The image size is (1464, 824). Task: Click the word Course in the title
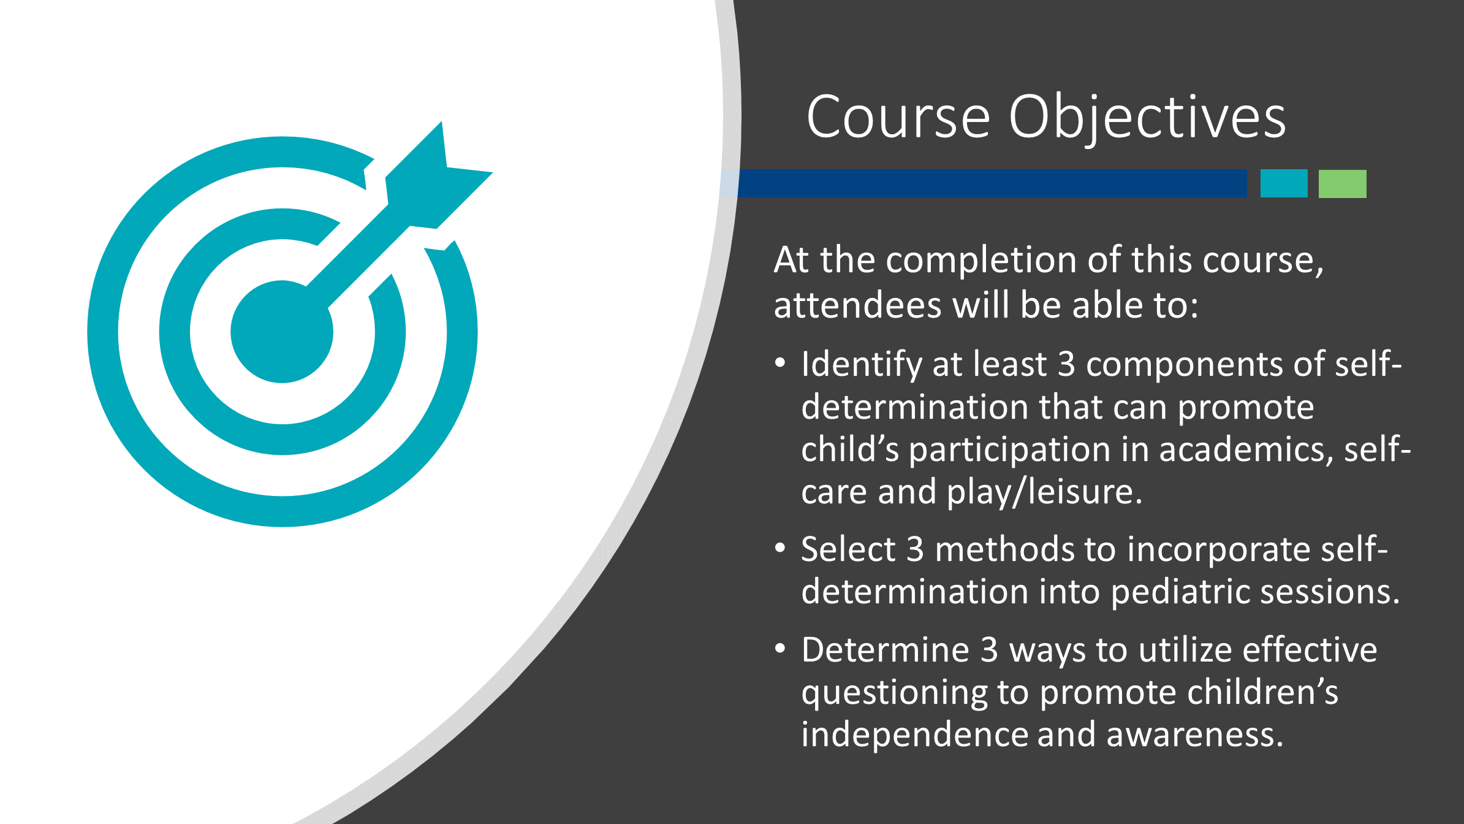click(898, 116)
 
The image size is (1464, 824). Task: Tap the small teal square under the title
click(1284, 183)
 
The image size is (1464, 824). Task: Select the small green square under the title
click(1342, 183)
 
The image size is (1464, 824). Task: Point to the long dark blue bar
click(992, 183)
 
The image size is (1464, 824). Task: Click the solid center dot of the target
click(282, 332)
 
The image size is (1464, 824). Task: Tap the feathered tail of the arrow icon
click(439, 175)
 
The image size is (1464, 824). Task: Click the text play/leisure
click(1045, 492)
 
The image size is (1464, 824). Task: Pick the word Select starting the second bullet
click(848, 549)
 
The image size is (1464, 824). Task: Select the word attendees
click(857, 305)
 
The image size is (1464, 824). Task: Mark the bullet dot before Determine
click(780, 648)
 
